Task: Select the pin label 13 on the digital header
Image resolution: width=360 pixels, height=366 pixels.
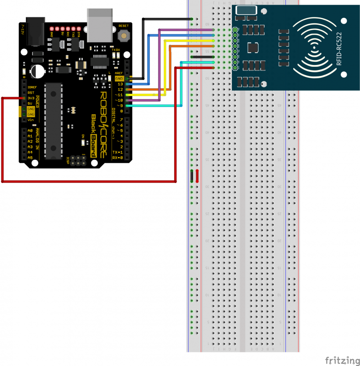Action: tap(120, 84)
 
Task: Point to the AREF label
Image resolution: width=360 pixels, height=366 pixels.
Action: tap(119, 73)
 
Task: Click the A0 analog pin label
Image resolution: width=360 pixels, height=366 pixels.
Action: tap(30, 131)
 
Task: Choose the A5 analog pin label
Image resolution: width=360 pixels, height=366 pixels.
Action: tap(30, 158)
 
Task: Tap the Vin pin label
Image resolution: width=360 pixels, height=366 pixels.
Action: tap(31, 120)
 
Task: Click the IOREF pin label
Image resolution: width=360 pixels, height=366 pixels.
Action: tap(32, 87)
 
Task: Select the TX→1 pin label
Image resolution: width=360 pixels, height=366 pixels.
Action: tap(118, 152)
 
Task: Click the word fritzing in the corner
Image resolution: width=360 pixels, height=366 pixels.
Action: tap(340, 360)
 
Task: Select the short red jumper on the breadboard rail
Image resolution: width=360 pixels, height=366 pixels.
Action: tap(197, 176)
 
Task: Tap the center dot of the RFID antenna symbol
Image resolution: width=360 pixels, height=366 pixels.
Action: tap(314, 47)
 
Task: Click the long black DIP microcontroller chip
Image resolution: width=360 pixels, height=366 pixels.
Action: tap(54, 121)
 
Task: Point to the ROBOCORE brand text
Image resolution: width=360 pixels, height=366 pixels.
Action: tap(103, 124)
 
